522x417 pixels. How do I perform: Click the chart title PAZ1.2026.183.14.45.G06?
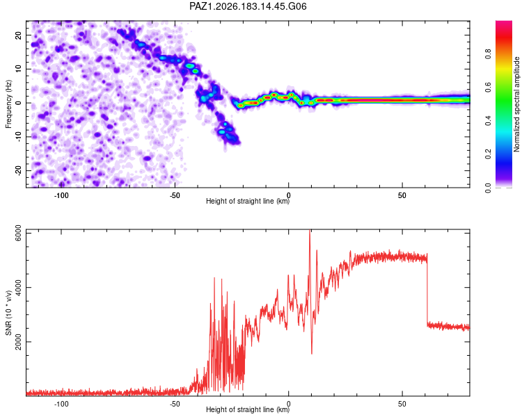[x=248, y=6]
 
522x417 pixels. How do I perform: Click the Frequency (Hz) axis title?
[x=8, y=104]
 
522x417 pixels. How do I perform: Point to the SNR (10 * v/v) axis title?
[x=8, y=313]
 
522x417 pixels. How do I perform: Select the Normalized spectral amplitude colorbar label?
[x=516, y=104]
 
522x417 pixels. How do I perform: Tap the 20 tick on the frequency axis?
[x=18, y=35]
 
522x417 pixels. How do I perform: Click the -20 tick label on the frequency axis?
[x=18, y=170]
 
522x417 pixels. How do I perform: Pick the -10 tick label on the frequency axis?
[x=18, y=137]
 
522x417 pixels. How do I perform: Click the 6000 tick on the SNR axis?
[x=18, y=234]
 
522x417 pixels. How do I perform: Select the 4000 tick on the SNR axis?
[x=18, y=287]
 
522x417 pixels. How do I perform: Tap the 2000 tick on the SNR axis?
[x=18, y=342]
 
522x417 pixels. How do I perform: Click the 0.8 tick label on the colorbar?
[x=488, y=54]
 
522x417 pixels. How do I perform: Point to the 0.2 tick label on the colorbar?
[x=488, y=154]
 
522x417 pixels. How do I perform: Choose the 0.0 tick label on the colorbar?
[x=488, y=188]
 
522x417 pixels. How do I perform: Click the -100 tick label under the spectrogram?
[x=61, y=195]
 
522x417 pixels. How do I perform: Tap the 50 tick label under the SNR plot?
[x=402, y=404]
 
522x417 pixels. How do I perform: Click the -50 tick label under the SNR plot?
[x=175, y=404]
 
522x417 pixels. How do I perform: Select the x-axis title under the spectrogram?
[x=248, y=201]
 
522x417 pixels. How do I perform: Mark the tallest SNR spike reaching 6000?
[x=310, y=230]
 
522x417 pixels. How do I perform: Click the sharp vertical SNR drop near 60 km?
[x=427, y=289]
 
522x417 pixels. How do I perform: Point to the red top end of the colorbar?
[x=504, y=23]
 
